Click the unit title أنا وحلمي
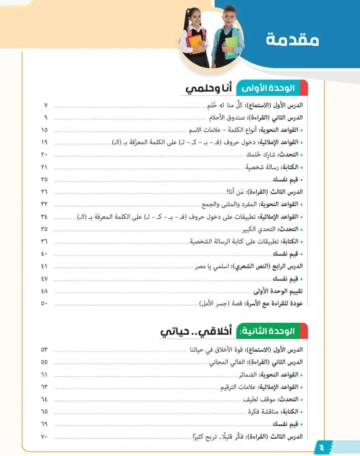tap(209, 89)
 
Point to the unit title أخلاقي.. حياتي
tap(196, 331)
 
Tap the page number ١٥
tap(45, 129)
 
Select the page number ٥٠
tap(45, 303)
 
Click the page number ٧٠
tap(45, 436)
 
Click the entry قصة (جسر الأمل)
tap(218, 304)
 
